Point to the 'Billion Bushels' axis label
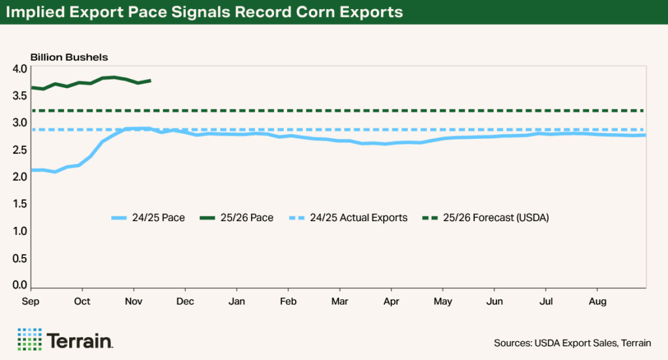(69, 57)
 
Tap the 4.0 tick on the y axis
(20, 68)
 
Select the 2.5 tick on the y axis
(20, 150)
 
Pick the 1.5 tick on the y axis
(20, 204)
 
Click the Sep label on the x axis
(31, 301)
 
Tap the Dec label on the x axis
(185, 301)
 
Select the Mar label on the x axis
(339, 301)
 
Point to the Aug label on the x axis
(598, 301)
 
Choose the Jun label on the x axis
(494, 301)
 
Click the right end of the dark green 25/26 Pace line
(151, 81)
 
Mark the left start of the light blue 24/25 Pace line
(32, 170)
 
